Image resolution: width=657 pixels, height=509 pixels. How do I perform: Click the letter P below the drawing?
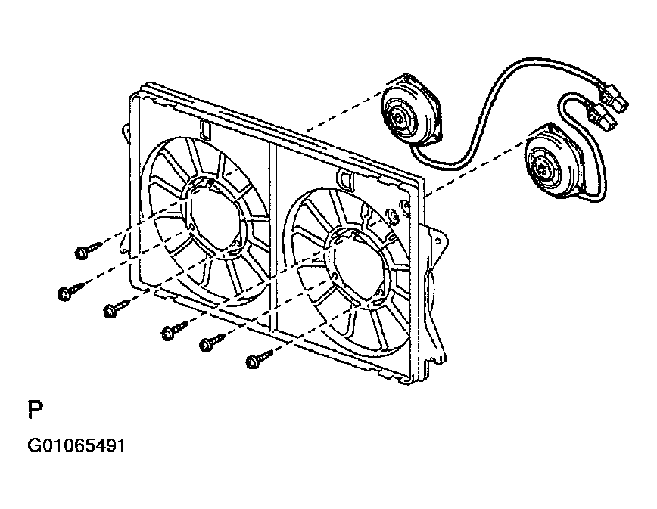coord(35,410)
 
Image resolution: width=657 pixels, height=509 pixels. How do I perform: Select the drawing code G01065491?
coord(76,445)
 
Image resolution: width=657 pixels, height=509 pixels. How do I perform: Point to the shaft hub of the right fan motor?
coord(542,169)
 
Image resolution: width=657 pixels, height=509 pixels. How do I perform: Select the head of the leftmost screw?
coord(64,294)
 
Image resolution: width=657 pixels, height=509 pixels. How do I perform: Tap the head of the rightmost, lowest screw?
coord(252,362)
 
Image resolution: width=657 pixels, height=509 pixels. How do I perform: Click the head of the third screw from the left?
coord(110,311)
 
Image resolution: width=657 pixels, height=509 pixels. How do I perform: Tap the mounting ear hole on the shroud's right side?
coord(438,241)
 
